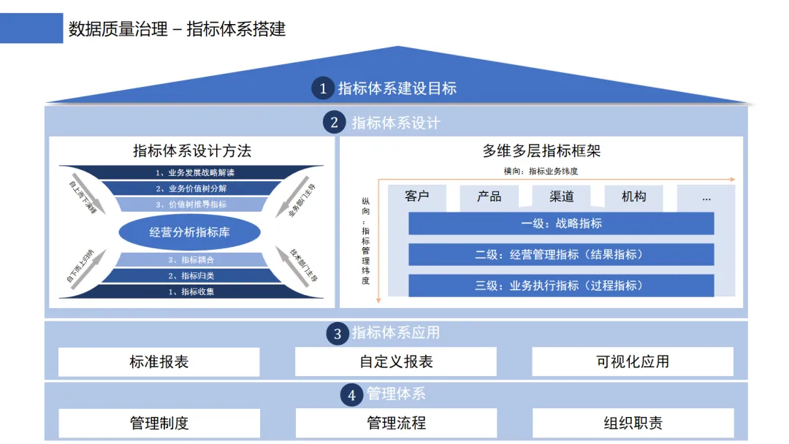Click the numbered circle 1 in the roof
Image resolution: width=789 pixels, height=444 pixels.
pyautogui.click(x=324, y=89)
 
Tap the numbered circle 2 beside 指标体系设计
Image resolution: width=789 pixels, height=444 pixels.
pyautogui.click(x=335, y=123)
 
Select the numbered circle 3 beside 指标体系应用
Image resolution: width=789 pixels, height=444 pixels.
pyautogui.click(x=338, y=334)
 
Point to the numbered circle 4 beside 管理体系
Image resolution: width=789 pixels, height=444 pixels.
pyautogui.click(x=352, y=395)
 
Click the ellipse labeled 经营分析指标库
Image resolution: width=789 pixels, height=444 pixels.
pyautogui.click(x=190, y=232)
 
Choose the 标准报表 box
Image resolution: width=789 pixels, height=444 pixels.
pyautogui.click(x=159, y=361)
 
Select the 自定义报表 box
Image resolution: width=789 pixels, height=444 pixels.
pyautogui.click(x=396, y=361)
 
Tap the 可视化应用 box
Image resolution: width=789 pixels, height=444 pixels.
pyautogui.click(x=633, y=361)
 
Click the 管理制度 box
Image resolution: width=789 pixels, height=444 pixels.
pyautogui.click(x=159, y=423)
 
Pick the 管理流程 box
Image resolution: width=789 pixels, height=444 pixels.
pyautogui.click(x=396, y=423)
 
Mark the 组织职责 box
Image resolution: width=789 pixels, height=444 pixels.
pyautogui.click(x=633, y=423)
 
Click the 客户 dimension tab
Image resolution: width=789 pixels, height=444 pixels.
pyautogui.click(x=417, y=197)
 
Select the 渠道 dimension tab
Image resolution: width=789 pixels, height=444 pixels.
pyautogui.click(x=562, y=197)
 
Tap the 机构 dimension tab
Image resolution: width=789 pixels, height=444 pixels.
pyautogui.click(x=633, y=197)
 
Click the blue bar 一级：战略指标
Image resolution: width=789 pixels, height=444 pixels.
pyautogui.click(x=561, y=223)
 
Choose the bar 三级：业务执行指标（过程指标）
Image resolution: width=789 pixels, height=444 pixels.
pyautogui.click(x=561, y=286)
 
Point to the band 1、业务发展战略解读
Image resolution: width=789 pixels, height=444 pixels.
pyautogui.click(x=191, y=173)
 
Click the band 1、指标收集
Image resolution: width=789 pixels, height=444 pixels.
pyautogui.click(x=191, y=291)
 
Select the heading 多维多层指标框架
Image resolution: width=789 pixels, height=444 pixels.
pyautogui.click(x=541, y=151)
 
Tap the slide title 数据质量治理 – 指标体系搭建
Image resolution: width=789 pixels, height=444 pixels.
pyautogui.click(x=177, y=29)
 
